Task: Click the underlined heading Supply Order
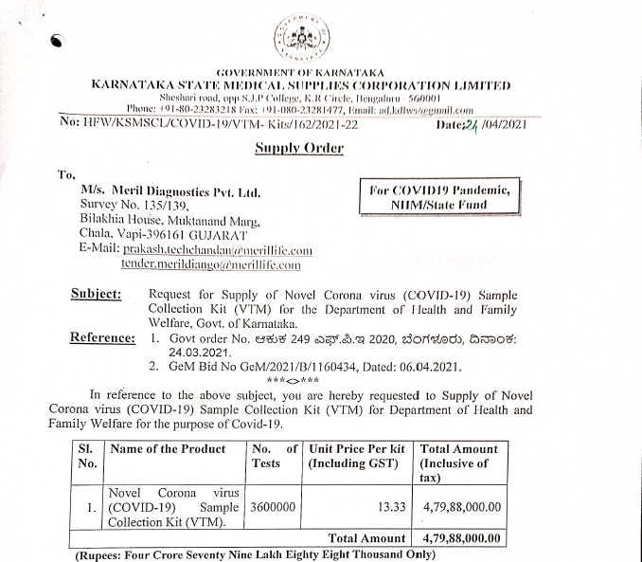tap(299, 148)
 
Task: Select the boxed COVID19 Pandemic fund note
tap(443, 198)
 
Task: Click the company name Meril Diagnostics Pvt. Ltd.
tap(170, 190)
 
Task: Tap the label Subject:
tap(96, 294)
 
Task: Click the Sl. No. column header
tap(86, 456)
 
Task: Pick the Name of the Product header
tap(167, 449)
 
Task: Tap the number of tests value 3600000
tap(273, 508)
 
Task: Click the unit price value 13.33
tap(391, 508)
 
